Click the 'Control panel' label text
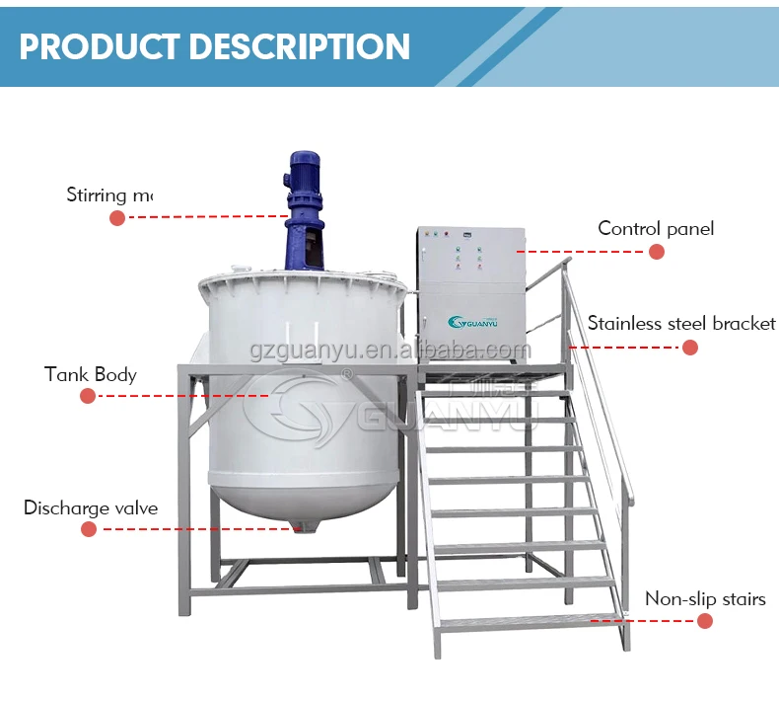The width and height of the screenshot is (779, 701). (656, 229)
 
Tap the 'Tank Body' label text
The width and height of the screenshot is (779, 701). (91, 375)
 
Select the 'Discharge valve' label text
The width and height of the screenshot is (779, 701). (91, 508)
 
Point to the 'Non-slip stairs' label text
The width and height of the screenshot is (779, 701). (705, 599)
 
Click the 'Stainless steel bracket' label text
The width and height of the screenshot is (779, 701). (681, 324)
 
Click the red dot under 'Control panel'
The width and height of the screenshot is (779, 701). (657, 252)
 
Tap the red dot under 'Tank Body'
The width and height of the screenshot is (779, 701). (88, 396)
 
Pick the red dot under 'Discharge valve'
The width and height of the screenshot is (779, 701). (89, 529)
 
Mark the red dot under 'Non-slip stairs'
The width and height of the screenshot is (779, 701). (705, 621)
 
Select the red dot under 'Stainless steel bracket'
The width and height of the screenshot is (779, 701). (690, 348)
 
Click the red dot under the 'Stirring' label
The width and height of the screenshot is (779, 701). (117, 217)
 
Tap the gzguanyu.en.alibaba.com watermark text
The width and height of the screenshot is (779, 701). (390, 350)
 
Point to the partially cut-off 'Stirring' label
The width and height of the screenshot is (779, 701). (109, 195)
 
